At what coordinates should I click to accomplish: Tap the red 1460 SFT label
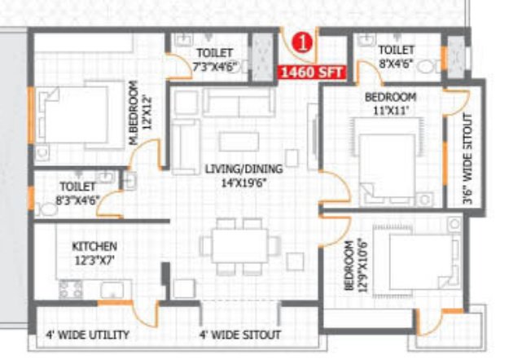pyautogui.click(x=313, y=72)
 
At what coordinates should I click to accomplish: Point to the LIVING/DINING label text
pyautogui.click(x=243, y=175)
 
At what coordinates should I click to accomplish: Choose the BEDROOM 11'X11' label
pyautogui.click(x=390, y=103)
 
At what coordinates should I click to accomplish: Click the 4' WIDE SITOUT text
pyautogui.click(x=239, y=334)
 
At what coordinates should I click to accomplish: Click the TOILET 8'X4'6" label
pyautogui.click(x=397, y=56)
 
